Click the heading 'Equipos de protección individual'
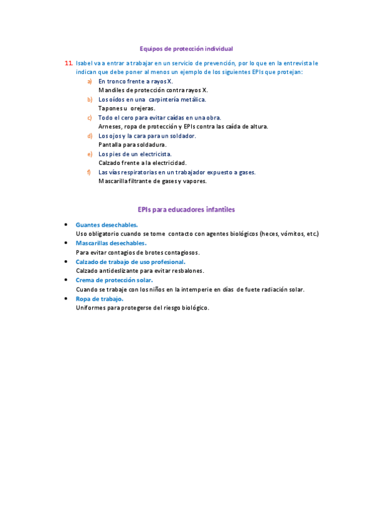186,48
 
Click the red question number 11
68,64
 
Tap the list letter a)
90,82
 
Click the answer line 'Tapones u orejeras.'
126,108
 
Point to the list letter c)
90,118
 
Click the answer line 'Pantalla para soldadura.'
132,144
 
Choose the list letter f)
90,172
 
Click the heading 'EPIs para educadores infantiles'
186,210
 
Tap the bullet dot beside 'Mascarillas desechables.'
66,243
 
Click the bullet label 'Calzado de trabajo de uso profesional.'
126,262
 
